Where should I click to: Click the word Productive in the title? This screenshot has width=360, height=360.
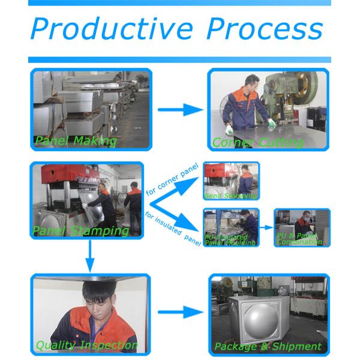[x=112, y=29]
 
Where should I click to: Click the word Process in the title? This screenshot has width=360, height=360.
[x=264, y=29]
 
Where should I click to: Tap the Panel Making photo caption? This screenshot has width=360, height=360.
[x=75, y=141]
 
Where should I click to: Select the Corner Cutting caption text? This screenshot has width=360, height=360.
[x=257, y=143]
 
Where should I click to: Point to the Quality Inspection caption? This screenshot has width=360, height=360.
[x=86, y=346]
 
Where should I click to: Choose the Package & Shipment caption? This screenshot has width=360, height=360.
[x=268, y=346]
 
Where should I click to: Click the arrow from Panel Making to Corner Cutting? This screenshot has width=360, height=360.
[x=180, y=110]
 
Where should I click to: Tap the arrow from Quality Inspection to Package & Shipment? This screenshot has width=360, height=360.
[x=180, y=312]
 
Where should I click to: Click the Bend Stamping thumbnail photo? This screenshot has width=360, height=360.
[x=232, y=181]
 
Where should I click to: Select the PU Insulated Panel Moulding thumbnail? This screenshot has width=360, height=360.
[x=231, y=227]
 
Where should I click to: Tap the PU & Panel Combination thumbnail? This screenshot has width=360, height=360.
[x=302, y=227]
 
